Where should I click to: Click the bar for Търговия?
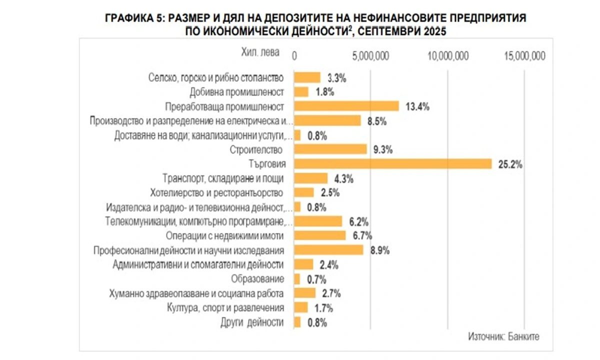click(393, 163)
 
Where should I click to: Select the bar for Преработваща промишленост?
click(346, 106)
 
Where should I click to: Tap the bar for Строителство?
click(330, 149)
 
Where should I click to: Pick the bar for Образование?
click(297, 279)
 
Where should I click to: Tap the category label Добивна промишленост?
click(237, 92)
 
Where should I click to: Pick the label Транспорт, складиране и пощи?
click(223, 178)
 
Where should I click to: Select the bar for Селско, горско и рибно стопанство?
click(307, 77)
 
